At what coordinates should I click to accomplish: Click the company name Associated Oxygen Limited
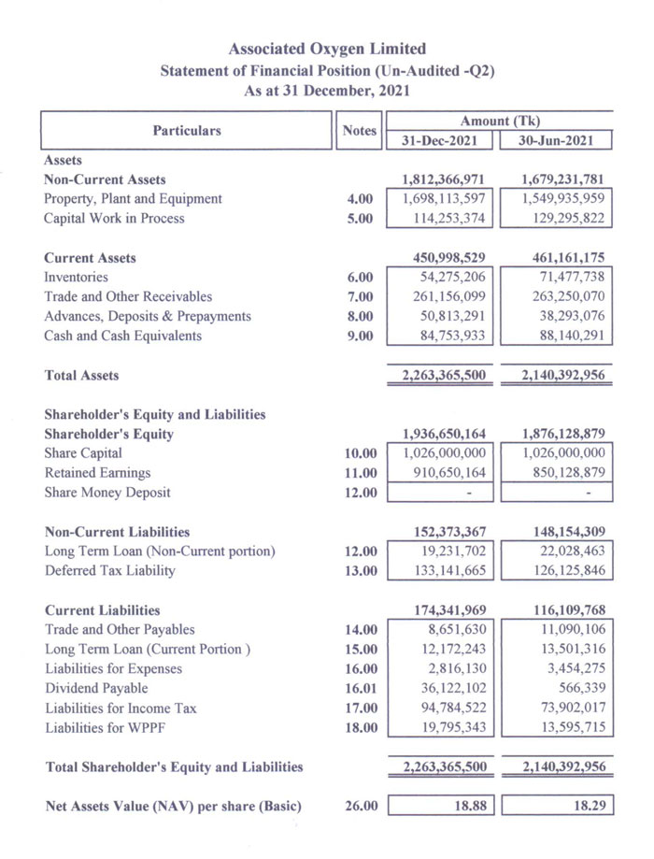click(327, 49)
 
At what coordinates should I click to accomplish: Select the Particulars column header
click(187, 131)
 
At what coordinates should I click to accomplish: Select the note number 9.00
click(360, 336)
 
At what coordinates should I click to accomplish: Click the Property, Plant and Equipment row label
click(133, 199)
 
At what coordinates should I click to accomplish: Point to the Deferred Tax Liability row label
click(109, 571)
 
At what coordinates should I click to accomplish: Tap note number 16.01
click(360, 689)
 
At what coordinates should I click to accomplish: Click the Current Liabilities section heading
click(102, 610)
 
